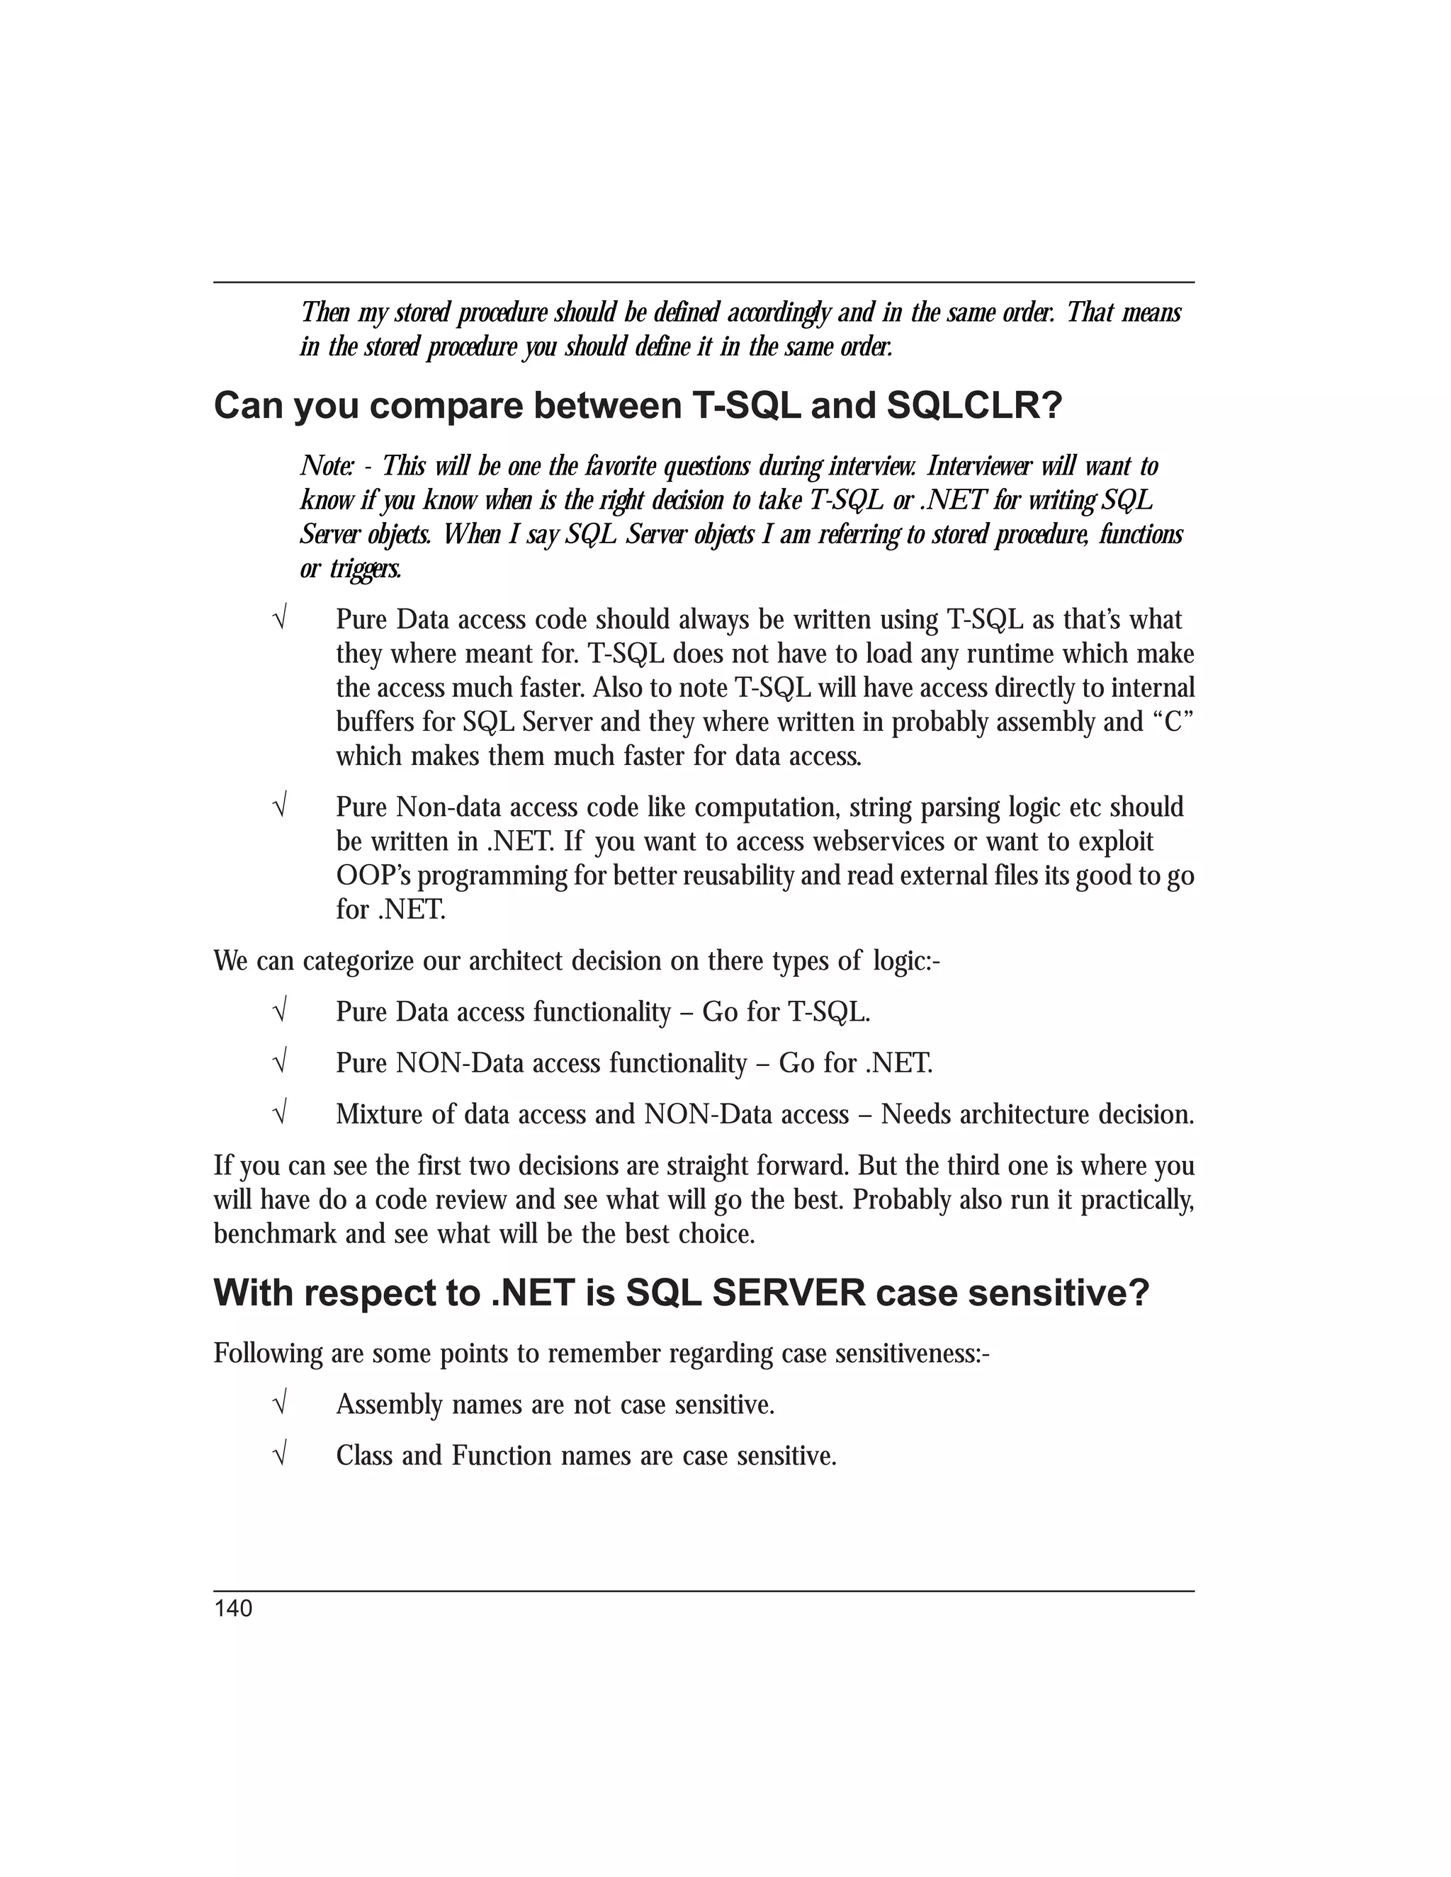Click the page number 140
coord(233,1609)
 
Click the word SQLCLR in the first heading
coord(974,406)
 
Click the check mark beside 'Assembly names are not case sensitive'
coord(279,1405)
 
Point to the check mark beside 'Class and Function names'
coord(279,1456)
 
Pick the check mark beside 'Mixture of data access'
coord(279,1115)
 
